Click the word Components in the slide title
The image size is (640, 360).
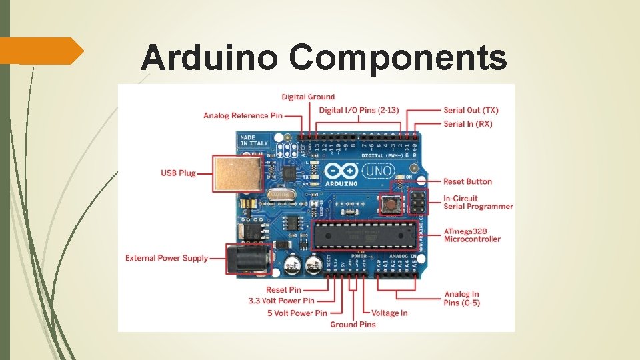(x=397, y=59)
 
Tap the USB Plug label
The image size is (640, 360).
(x=178, y=173)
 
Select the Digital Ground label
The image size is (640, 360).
(x=308, y=97)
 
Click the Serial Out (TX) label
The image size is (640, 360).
(x=471, y=111)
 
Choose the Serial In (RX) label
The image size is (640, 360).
(x=468, y=124)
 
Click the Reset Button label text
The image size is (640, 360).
(x=467, y=181)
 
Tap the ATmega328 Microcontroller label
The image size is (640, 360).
(x=472, y=235)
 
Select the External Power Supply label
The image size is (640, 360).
(x=167, y=258)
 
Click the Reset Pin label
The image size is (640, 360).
(x=283, y=290)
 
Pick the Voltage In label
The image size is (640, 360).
(x=389, y=313)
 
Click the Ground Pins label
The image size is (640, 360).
(x=353, y=325)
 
